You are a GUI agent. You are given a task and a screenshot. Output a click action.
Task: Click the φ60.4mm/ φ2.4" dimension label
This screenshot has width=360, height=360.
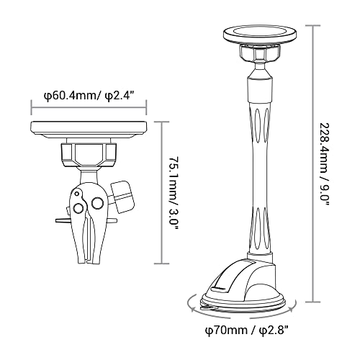click(x=89, y=96)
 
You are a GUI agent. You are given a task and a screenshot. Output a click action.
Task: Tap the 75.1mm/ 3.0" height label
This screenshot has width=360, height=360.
click(x=174, y=193)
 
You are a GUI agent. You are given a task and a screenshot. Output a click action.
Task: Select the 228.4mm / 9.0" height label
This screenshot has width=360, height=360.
click(x=326, y=165)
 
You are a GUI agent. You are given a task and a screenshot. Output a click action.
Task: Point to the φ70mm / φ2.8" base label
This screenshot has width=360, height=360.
click(x=247, y=330)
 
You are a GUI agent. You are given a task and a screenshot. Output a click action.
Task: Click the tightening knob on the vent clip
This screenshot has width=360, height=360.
click(x=122, y=197)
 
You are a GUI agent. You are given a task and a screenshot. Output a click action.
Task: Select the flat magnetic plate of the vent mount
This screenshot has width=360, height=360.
click(x=89, y=130)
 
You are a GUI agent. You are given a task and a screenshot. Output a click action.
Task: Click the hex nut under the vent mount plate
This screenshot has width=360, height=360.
click(x=89, y=155)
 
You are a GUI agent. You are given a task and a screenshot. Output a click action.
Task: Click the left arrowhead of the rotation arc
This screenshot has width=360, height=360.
click(x=193, y=309)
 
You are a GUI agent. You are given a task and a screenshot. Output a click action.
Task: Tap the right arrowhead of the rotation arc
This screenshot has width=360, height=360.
click(x=292, y=308)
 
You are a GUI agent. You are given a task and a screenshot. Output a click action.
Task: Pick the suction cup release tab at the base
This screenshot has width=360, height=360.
click(x=208, y=307)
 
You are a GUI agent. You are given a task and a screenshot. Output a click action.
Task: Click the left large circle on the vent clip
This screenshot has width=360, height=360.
click(x=78, y=207)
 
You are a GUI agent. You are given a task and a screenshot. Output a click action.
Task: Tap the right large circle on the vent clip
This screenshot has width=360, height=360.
click(x=97, y=203)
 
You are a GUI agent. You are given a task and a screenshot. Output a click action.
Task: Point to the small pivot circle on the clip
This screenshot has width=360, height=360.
click(x=77, y=194)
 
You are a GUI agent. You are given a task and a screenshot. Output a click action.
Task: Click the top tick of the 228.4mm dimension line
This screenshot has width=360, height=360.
click(x=313, y=25)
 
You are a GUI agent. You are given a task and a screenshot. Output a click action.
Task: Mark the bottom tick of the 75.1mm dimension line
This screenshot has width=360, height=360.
click(x=161, y=264)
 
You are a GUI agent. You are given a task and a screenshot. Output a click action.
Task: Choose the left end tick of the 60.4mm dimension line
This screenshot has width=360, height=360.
click(x=31, y=108)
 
